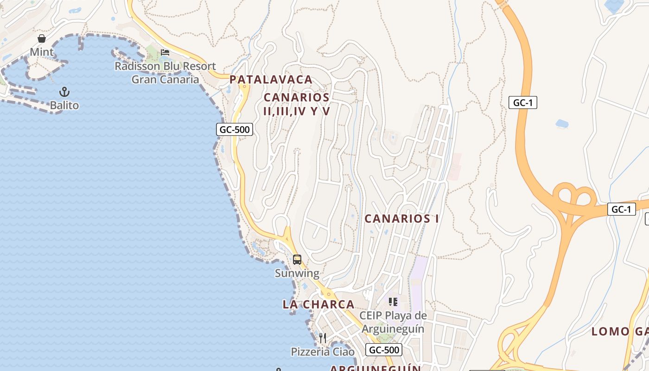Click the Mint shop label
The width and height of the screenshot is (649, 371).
point(42,52)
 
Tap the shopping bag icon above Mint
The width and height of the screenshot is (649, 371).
point(42,38)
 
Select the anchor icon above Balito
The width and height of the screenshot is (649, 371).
point(64,92)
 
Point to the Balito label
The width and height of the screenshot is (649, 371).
point(64,105)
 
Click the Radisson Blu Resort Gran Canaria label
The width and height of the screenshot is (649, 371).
point(165,73)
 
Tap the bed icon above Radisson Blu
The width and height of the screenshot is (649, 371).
point(165,52)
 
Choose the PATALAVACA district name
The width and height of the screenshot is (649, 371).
point(271,80)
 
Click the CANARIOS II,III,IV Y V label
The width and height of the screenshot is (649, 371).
point(297,104)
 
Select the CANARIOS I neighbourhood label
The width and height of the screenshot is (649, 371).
point(401,218)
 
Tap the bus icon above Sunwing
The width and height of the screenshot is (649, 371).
point(297,260)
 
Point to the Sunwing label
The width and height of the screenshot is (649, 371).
point(297,273)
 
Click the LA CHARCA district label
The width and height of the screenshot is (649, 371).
point(318,304)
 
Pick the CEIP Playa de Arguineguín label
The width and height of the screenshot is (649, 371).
point(393,322)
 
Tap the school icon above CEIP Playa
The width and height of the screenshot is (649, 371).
point(393,302)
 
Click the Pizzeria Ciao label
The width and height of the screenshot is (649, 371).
point(323,352)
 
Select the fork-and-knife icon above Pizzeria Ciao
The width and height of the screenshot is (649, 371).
point(323,338)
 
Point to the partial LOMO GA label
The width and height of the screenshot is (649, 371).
point(620,331)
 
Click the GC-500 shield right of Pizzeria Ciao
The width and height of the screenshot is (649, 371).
point(383,350)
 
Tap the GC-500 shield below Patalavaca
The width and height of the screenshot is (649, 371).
point(235,129)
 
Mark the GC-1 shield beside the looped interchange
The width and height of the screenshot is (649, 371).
point(621,209)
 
